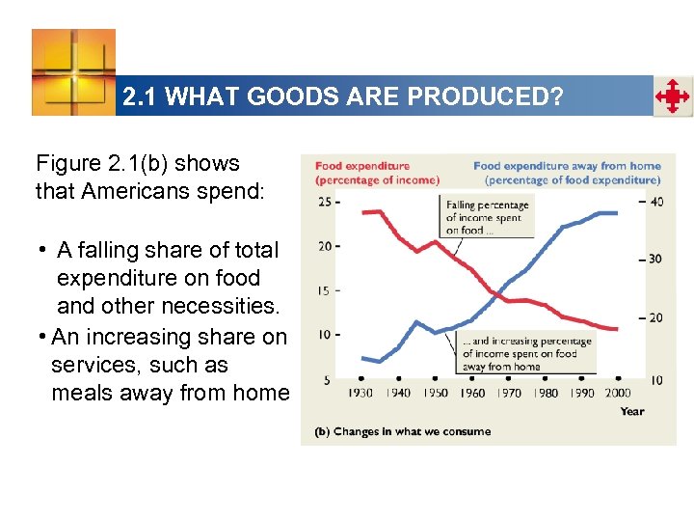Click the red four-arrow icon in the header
[672, 96]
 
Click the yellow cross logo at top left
[73, 72]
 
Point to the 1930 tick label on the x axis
[361, 393]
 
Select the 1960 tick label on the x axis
[471, 393]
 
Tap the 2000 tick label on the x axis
[618, 393]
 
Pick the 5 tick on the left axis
[328, 379]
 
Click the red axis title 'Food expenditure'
[362, 166]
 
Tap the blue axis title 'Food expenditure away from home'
[567, 166]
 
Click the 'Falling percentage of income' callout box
[487, 217]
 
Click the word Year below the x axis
[632, 411]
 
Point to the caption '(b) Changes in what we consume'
[403, 431]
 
